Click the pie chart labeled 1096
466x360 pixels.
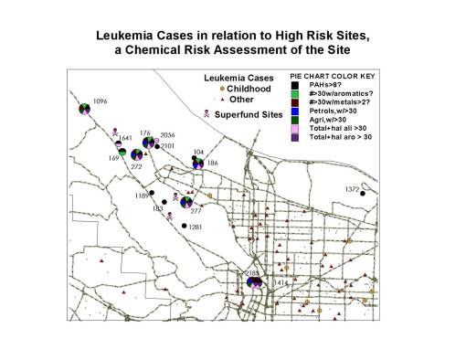point(84,111)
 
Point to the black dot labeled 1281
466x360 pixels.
point(184,226)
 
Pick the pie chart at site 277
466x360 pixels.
point(186,201)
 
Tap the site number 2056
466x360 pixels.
point(167,134)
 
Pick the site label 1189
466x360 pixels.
point(143,195)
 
